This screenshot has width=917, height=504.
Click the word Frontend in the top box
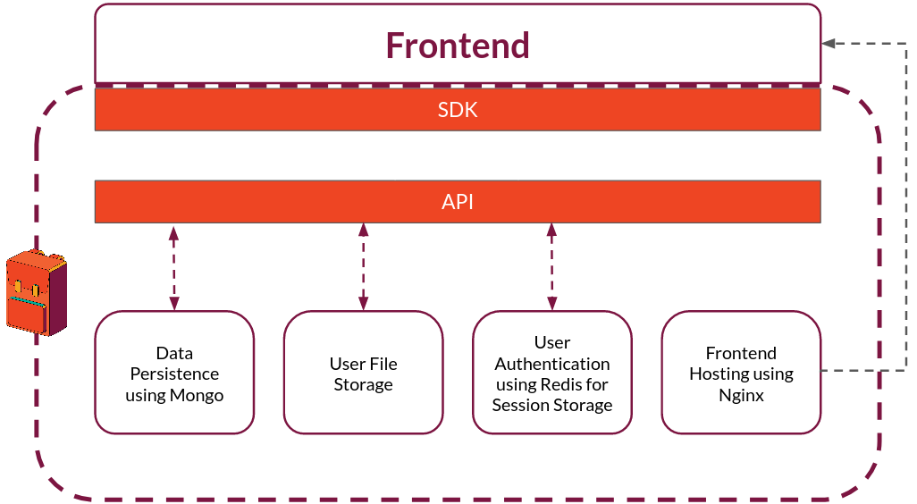[x=458, y=46]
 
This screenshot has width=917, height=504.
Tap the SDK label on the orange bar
[x=458, y=110]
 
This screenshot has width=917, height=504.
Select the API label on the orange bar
[x=458, y=202]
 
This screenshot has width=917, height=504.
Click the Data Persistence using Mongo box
[x=174, y=373]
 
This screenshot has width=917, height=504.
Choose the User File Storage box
[x=363, y=373]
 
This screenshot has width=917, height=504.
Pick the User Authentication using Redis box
[x=552, y=373]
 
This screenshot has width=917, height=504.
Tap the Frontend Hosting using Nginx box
[x=741, y=373]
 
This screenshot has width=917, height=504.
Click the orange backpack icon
[x=37, y=293]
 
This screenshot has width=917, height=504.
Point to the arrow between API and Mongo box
[x=173, y=268]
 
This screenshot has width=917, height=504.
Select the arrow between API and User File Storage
[x=363, y=266]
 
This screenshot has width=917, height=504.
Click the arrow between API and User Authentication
[x=551, y=266]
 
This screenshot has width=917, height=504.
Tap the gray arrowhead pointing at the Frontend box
[x=829, y=43]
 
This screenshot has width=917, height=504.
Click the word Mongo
[x=197, y=395]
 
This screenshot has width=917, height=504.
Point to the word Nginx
[x=741, y=395]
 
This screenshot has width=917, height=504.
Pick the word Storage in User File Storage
[x=363, y=385]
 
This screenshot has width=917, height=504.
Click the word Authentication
[x=552, y=364]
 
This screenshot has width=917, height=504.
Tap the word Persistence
[x=174, y=374]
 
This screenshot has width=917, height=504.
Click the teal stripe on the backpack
[x=28, y=301]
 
